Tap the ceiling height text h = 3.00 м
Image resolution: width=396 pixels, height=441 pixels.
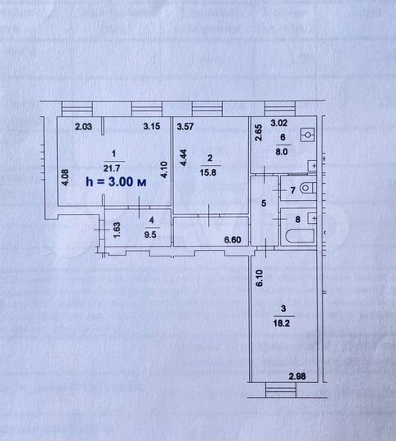click(116, 183)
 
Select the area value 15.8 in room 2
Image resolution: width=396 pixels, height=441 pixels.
click(209, 171)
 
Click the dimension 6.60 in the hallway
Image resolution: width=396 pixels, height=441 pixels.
click(235, 239)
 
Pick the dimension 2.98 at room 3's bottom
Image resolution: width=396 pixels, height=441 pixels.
click(300, 376)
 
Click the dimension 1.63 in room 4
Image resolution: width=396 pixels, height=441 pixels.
click(118, 229)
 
